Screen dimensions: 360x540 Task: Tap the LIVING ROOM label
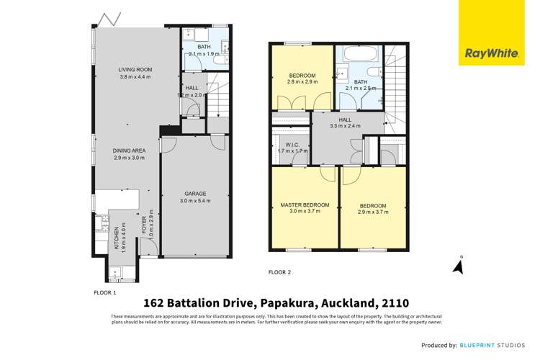click(x=136, y=70)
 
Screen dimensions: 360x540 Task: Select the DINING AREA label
click(x=129, y=150)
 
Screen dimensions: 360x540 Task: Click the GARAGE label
click(x=195, y=193)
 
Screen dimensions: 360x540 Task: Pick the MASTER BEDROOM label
click(x=305, y=204)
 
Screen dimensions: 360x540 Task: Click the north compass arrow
click(x=457, y=266)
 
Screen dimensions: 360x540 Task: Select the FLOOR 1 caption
click(x=104, y=293)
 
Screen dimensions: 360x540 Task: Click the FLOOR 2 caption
click(x=279, y=273)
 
